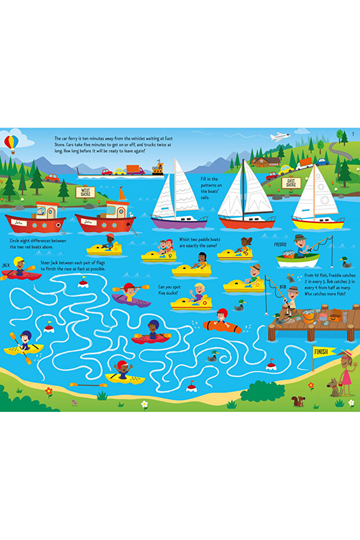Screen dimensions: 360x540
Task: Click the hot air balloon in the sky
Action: pos(11,142)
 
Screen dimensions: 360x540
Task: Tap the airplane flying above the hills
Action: pos(280,136)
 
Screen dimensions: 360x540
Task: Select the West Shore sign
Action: pos(85,191)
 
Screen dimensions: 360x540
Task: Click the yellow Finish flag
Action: pos(321,351)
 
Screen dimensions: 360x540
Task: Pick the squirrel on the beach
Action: pos(299,401)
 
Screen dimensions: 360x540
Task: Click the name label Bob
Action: pos(283,286)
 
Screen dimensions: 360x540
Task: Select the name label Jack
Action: pos(6,265)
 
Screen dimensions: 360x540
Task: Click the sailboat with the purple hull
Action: pos(179,222)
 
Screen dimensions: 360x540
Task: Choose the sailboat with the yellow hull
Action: pos(318,223)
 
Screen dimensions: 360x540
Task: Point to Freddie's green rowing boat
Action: pos(297,260)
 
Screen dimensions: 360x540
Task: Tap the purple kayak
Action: pos(132,299)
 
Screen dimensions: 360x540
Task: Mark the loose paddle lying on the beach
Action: pos(88,385)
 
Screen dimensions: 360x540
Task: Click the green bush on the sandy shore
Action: pos(262,392)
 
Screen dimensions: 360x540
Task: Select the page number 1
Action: pos(353,135)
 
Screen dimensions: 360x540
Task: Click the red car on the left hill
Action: pos(53,177)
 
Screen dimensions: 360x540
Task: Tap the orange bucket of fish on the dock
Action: pos(308,317)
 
